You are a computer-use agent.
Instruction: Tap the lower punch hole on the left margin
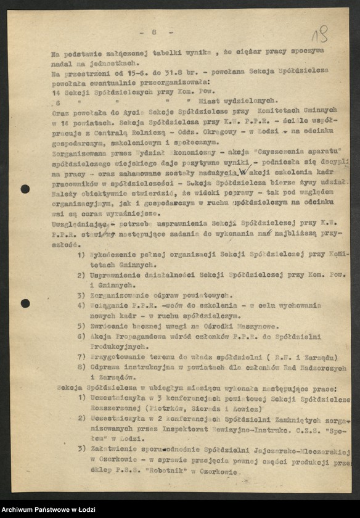[x=25, y=303]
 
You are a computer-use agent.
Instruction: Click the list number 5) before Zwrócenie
[x=81, y=326]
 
